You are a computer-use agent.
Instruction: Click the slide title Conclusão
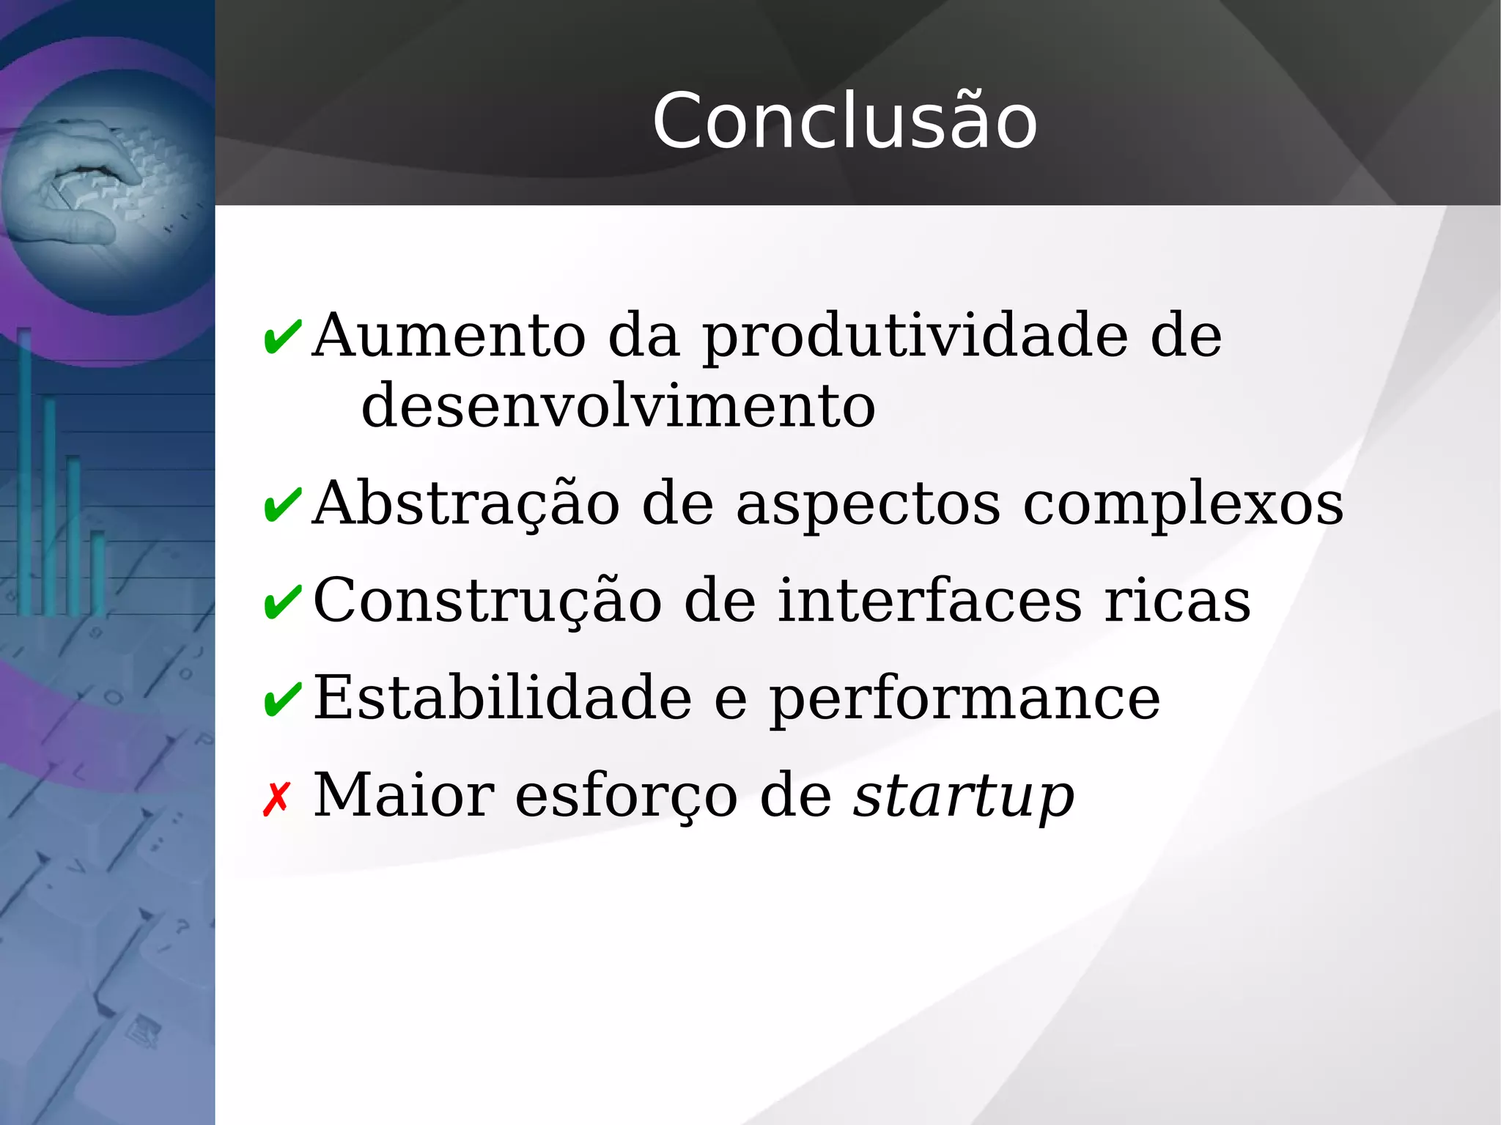844,121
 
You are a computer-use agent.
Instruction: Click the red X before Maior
277,799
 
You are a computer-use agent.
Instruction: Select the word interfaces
929,601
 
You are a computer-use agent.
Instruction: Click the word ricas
1177,601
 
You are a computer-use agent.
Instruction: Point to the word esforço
627,796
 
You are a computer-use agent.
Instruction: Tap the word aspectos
868,506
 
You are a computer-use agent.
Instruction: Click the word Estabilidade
503,698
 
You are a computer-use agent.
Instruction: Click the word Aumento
449,336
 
